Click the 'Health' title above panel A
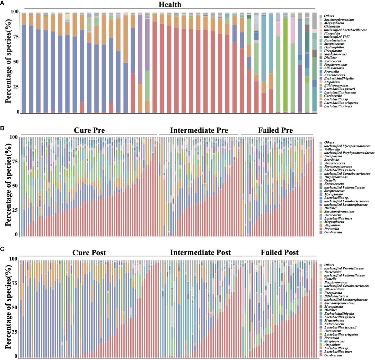coord(170,4)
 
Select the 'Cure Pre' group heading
coord(89,130)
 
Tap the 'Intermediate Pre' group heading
coord(199,130)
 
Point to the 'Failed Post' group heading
coord(280,252)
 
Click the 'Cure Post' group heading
coord(89,252)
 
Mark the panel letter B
coord(2,128)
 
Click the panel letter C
coord(2,249)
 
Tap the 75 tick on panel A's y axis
coord(15,37)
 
